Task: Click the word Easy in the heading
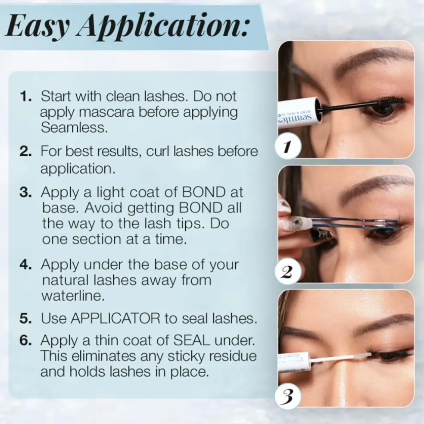(x=38, y=27)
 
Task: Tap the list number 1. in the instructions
(x=26, y=97)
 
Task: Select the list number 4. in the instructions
(x=26, y=265)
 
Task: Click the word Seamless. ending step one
(x=75, y=128)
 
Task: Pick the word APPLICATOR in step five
(x=115, y=318)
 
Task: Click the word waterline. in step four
(x=73, y=296)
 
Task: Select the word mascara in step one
(x=107, y=112)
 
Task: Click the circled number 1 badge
(x=288, y=146)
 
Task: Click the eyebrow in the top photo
(x=376, y=61)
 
